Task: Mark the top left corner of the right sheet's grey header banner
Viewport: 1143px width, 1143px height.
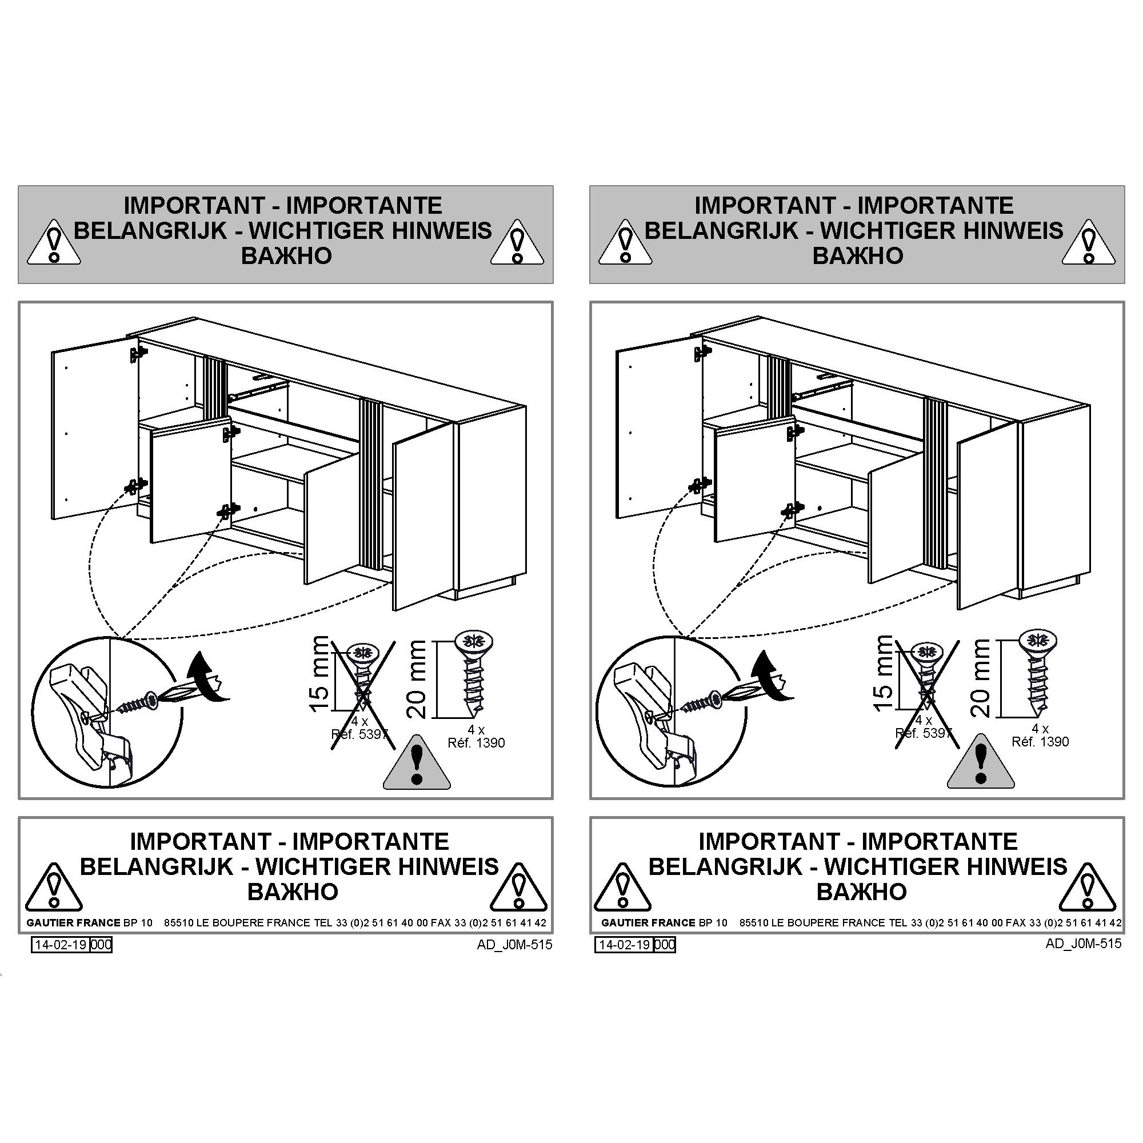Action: click(x=590, y=186)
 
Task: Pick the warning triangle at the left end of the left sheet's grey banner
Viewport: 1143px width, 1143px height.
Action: click(x=54, y=242)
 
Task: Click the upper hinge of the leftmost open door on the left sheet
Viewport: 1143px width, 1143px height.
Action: click(x=138, y=354)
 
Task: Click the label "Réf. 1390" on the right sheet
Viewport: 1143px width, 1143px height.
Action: click(x=1040, y=742)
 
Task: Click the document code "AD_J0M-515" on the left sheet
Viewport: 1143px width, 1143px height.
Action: click(x=515, y=945)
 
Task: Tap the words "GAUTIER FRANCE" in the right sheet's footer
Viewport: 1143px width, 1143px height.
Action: click(x=649, y=922)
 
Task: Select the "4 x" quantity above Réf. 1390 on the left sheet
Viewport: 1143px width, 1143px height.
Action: click(x=476, y=730)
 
